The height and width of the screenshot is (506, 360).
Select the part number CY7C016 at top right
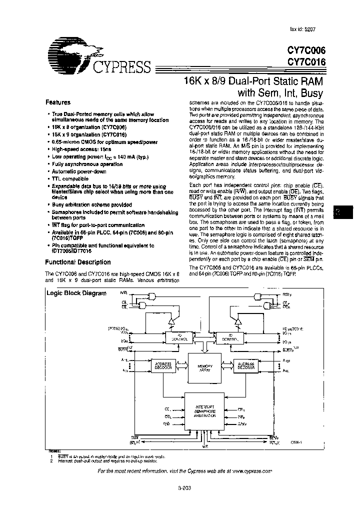click(306, 61)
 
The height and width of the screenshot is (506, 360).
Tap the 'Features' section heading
click(58, 102)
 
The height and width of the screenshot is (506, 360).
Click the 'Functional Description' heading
click(78, 262)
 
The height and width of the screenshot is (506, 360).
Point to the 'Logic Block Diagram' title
click(76, 293)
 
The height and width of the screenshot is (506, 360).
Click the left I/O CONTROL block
click(179, 338)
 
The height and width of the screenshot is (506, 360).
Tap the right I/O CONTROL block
click(230, 338)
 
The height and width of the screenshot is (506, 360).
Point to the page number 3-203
click(184, 489)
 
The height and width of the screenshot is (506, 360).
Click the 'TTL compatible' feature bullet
click(70, 178)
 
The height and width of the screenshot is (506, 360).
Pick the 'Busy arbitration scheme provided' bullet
click(92, 204)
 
